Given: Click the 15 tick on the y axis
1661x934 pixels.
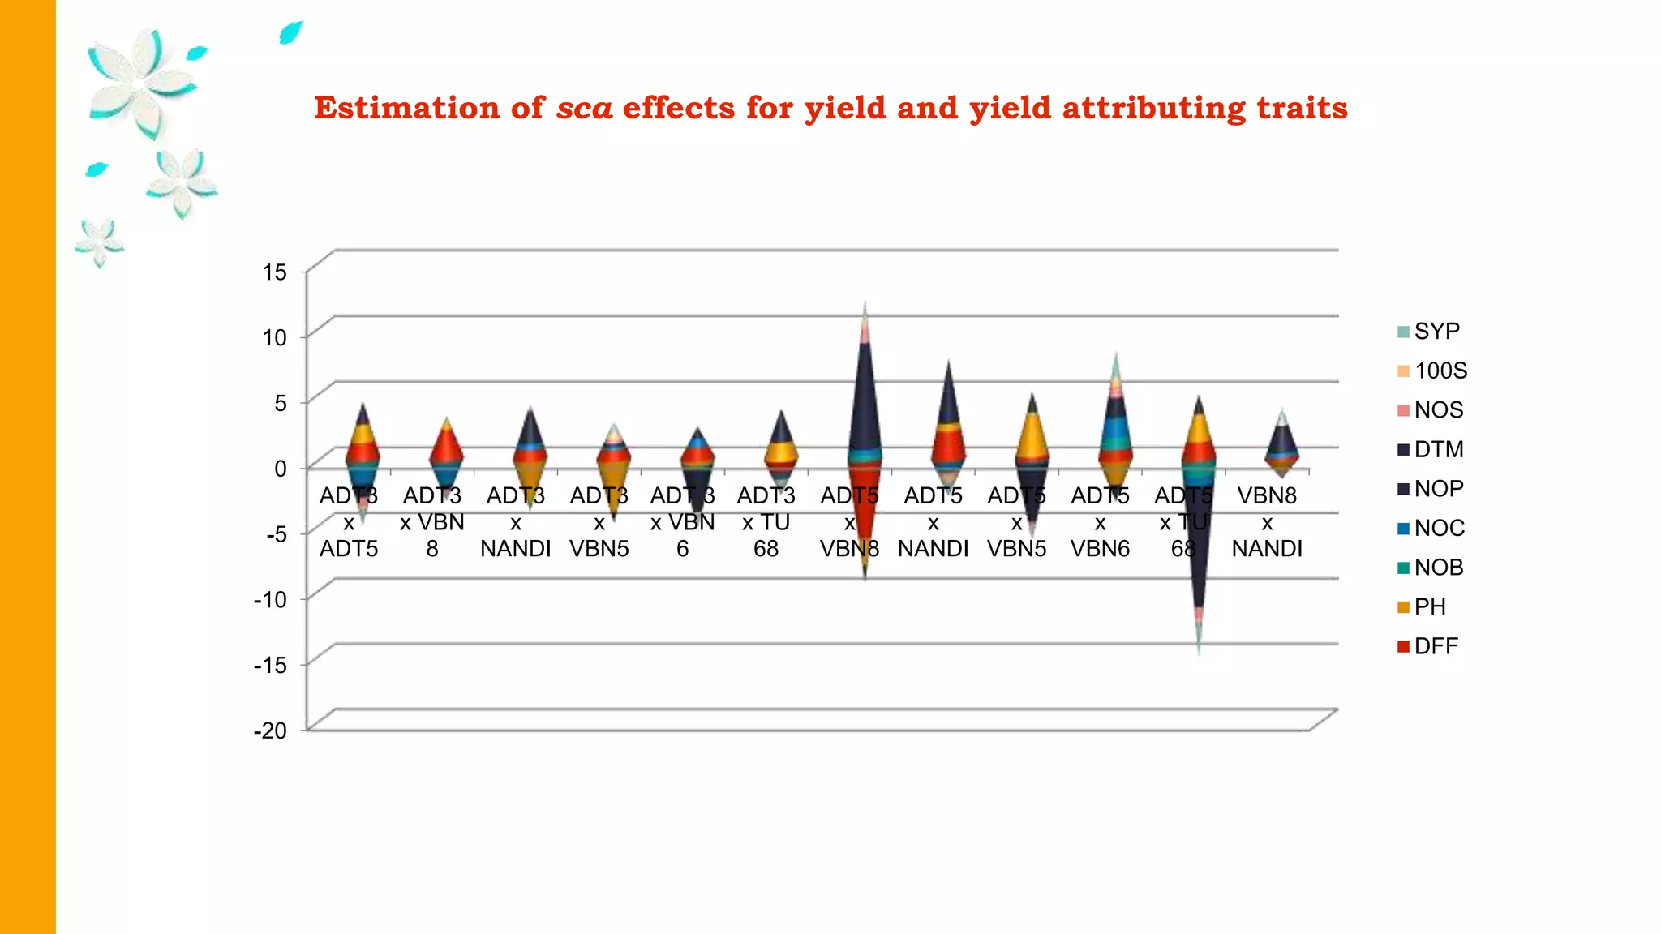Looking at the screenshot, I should click(x=275, y=272).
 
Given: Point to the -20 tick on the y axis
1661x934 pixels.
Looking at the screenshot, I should click(x=271, y=730).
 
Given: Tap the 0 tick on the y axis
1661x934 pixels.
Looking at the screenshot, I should click(x=281, y=469).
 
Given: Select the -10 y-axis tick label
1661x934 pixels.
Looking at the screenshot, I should click(x=271, y=600).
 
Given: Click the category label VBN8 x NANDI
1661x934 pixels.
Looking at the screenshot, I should click(x=1267, y=522).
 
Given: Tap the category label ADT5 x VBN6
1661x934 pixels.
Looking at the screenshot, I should click(x=1100, y=522).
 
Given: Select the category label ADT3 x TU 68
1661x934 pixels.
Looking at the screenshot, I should click(x=766, y=522).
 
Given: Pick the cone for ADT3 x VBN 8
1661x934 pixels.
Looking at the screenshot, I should click(x=446, y=450).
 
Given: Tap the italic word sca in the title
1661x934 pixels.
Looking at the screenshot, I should click(x=584, y=108).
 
